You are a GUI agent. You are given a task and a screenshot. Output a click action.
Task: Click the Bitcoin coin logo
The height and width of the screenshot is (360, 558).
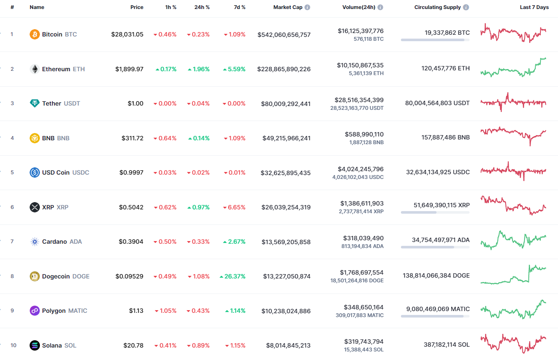[x=35, y=34]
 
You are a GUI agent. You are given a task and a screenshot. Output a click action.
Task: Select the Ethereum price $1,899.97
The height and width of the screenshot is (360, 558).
[x=129, y=69]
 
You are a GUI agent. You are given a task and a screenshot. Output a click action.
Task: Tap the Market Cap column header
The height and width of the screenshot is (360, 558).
[x=288, y=7]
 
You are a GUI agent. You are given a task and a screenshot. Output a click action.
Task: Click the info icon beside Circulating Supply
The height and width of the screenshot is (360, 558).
[x=466, y=7]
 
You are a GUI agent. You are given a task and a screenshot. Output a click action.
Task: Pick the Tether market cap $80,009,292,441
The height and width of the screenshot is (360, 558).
[x=285, y=104]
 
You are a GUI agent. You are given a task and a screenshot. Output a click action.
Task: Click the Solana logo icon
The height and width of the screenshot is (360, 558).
[x=35, y=345]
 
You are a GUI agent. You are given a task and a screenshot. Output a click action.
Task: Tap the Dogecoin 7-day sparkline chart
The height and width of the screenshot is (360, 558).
[x=513, y=275]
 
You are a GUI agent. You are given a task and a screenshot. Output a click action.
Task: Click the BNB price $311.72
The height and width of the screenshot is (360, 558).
[x=132, y=138]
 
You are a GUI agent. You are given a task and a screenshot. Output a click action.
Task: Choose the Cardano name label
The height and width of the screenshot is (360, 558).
[x=54, y=242]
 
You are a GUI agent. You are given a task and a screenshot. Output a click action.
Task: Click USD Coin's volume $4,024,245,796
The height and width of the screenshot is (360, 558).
[x=361, y=169]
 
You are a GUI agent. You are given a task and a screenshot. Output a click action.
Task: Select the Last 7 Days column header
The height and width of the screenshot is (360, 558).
[x=534, y=7]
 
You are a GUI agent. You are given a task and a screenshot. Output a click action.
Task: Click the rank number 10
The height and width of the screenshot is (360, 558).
[x=13, y=345]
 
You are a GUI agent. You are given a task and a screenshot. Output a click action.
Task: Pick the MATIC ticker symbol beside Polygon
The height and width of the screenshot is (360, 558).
[x=77, y=311]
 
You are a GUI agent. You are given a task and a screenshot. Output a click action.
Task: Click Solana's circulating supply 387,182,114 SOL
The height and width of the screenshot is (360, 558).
[x=440, y=345]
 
